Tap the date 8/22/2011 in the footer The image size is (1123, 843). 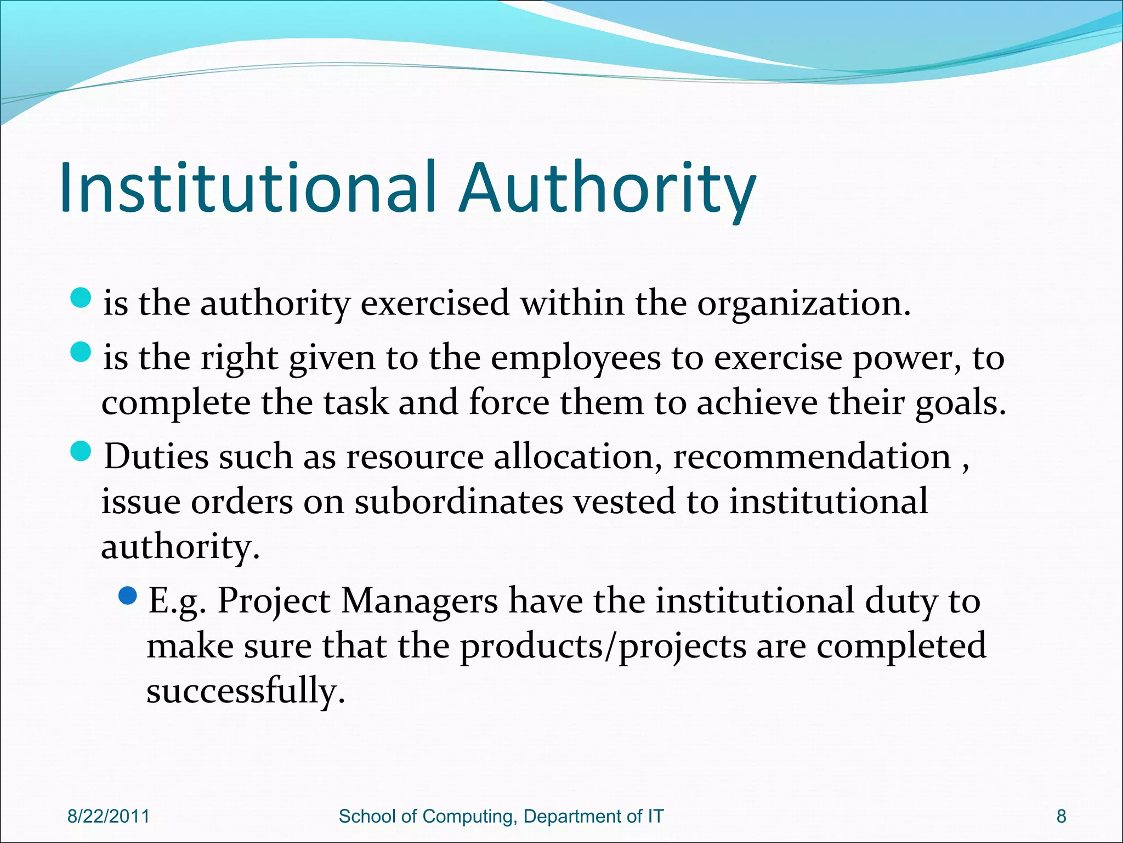point(108,816)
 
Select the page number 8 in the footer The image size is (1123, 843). point(1061,816)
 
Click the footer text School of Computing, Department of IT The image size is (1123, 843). point(501,816)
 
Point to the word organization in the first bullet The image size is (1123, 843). point(803,304)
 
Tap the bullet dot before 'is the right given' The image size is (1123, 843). point(81,352)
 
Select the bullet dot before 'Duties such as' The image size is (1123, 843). point(81,451)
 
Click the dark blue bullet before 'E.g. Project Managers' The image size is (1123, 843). point(127,595)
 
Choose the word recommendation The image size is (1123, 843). point(812,457)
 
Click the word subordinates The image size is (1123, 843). point(458,502)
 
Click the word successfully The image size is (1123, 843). point(245,692)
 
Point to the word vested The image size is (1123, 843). point(625,502)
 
